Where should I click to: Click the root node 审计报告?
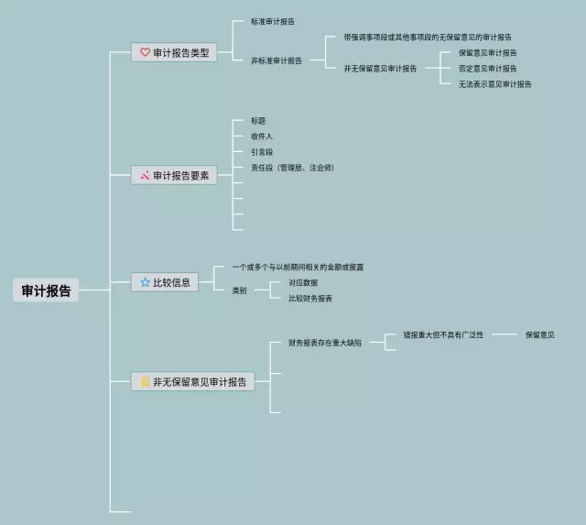point(46,290)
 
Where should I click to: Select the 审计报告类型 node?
point(174,53)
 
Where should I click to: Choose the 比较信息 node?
point(167,283)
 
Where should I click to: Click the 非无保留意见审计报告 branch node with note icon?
point(192,382)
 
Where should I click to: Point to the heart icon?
point(145,53)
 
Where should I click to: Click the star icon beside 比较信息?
point(145,283)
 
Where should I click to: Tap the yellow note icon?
point(144,382)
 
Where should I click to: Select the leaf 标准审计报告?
point(272,20)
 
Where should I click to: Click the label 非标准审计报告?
point(276,60)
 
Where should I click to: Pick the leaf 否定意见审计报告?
point(487,69)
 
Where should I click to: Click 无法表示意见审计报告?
point(494,84)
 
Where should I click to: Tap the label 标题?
point(258,121)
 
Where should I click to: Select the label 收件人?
point(261,137)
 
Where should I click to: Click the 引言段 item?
point(261,152)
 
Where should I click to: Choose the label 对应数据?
point(303,282)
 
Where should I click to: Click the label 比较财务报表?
point(310,298)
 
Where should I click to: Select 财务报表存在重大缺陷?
point(325,343)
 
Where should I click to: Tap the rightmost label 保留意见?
point(539,335)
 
